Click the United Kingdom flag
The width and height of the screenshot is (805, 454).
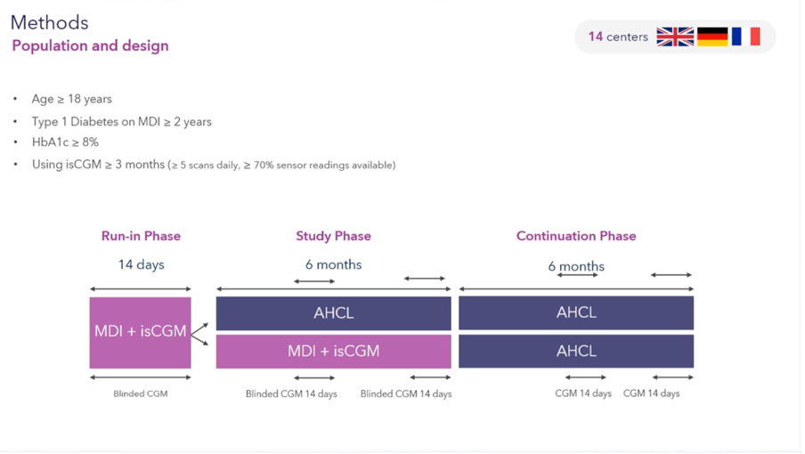click(x=675, y=36)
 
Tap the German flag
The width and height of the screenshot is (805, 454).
click(x=712, y=36)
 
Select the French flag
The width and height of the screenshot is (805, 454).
click(x=746, y=36)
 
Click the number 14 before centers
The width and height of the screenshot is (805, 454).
click(x=596, y=36)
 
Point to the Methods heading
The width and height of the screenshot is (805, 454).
click(x=49, y=22)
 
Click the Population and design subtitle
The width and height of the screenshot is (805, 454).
click(x=90, y=45)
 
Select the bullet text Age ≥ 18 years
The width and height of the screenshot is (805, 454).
click(x=72, y=99)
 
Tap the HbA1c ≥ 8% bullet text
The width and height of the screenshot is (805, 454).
click(x=65, y=142)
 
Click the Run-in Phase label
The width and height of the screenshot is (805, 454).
click(x=141, y=236)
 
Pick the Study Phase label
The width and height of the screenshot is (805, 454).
click(x=333, y=236)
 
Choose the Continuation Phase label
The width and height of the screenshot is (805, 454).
click(x=576, y=236)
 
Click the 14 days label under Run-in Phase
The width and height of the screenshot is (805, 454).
click(x=142, y=264)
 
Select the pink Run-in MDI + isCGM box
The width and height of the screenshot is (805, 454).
click(x=140, y=333)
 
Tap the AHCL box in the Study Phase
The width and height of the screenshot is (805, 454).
click(x=334, y=313)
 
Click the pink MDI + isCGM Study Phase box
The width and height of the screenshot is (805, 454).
click(x=334, y=352)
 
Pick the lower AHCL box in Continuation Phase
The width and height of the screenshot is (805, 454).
click(x=576, y=352)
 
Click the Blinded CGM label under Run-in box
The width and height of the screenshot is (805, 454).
click(x=140, y=394)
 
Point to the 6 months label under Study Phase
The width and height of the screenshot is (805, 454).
click(x=334, y=264)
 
